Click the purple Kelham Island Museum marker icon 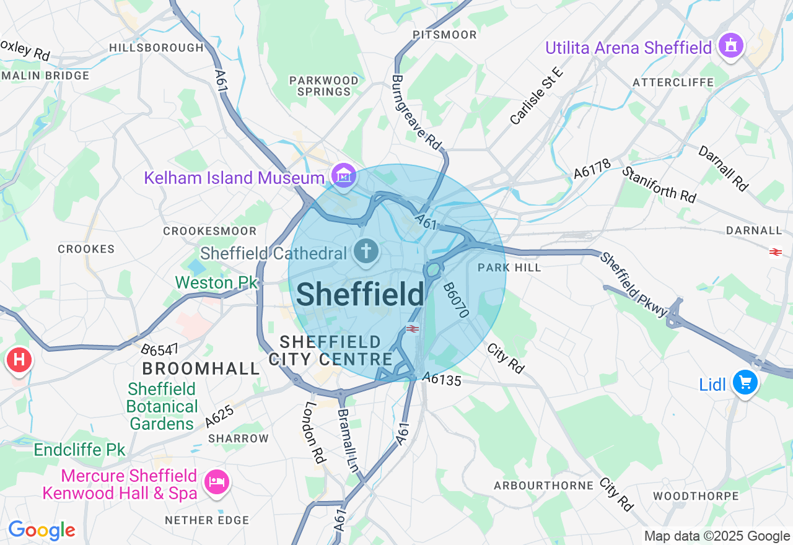[343, 176]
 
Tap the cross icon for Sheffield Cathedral [366, 251]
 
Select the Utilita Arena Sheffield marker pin [730, 46]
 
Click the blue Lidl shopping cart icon [744, 383]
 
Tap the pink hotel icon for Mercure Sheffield [216, 482]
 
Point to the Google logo [42, 530]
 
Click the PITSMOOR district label [445, 35]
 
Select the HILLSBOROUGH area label [156, 48]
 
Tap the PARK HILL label [510, 268]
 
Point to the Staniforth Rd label [659, 184]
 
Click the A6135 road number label [441, 379]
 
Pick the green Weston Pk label [216, 282]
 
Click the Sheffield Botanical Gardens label [162, 406]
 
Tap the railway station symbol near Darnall [775, 251]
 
